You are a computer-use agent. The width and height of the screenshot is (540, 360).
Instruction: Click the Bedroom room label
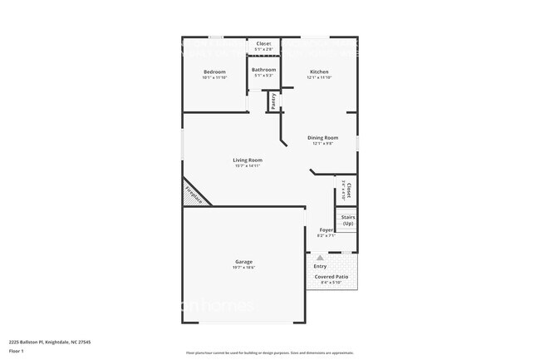pos(214,72)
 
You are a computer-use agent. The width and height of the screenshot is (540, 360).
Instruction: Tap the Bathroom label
pos(263,70)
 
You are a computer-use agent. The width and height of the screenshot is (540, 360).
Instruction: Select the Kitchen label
pos(320,72)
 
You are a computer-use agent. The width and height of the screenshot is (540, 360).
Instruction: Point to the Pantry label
pos(273,101)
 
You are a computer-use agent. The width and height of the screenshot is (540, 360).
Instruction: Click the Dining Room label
pos(322,138)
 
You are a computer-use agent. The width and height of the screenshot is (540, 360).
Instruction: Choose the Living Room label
pos(247,160)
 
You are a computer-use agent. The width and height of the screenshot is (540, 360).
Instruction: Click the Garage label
pos(243,262)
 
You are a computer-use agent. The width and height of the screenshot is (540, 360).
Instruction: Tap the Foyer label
pos(326,229)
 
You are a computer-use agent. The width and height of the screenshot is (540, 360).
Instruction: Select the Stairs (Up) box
pos(347,220)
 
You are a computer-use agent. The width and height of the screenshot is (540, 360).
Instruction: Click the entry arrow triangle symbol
pos(320,258)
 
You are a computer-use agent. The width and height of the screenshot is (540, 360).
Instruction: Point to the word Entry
pos(320,266)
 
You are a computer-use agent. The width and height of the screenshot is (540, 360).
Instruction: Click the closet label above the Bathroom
pos(263,43)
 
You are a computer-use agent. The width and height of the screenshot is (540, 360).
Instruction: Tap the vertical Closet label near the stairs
pos(348,190)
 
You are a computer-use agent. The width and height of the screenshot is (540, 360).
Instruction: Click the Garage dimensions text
pos(243,268)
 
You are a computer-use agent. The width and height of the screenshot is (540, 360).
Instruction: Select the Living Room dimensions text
pos(247,166)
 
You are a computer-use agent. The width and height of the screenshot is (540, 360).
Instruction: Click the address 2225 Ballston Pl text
pos(50,342)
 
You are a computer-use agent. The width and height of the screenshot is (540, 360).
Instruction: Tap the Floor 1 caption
pos(17,352)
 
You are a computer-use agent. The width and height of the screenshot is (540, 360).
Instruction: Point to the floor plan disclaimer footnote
pos(269,353)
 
